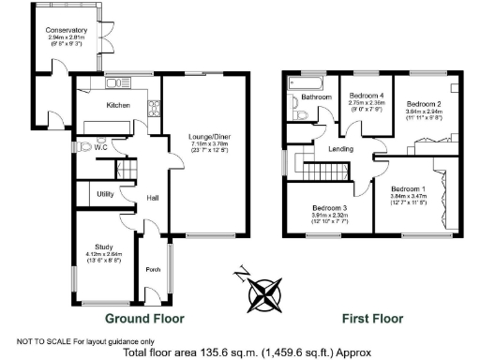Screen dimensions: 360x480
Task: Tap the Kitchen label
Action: coord(118,105)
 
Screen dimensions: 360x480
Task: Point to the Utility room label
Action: coord(105,194)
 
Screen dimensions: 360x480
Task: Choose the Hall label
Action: coord(151,198)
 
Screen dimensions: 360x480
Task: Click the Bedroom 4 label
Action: coord(367,96)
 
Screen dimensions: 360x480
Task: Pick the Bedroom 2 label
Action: coord(424,103)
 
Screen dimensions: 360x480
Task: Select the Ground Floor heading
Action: coord(144,318)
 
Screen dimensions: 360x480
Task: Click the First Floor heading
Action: coord(371,318)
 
